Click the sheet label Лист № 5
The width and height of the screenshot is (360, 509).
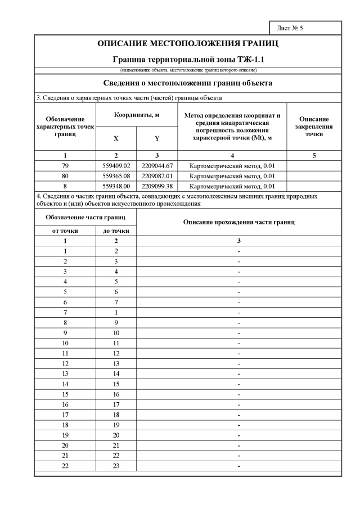[x=290, y=28]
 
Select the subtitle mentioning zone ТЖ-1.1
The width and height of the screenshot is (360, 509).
[x=188, y=58]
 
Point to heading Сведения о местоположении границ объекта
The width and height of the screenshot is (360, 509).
[x=188, y=83]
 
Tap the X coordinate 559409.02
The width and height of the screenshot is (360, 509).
[x=116, y=166]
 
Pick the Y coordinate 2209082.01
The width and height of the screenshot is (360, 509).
[x=157, y=176]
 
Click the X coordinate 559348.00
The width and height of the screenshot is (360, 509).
[x=116, y=186]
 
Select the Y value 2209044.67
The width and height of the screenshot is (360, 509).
[x=157, y=166]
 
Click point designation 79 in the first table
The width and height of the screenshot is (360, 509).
[x=65, y=166]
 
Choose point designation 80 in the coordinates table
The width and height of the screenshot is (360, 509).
[x=65, y=176]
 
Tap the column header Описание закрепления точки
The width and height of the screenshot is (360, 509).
[x=314, y=127]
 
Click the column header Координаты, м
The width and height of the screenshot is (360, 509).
[x=137, y=114]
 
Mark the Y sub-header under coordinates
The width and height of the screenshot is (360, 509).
[x=157, y=138]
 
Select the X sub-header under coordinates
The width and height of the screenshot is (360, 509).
[x=116, y=138]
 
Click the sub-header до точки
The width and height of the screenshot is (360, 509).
[x=116, y=231]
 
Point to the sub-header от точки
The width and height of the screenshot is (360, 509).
[x=65, y=231]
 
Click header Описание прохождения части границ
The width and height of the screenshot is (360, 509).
[x=239, y=222]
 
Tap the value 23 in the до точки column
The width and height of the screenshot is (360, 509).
[x=116, y=467]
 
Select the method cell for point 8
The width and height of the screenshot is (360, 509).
[x=232, y=186]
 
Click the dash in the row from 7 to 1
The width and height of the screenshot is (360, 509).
[x=239, y=312]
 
